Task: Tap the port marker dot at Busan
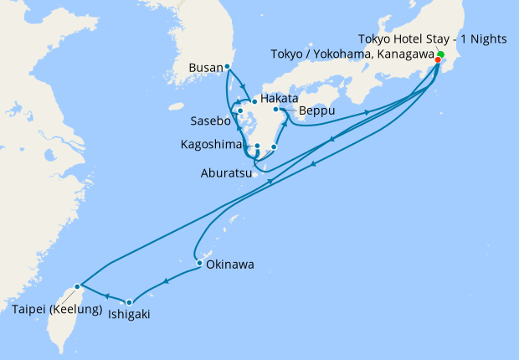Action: (228, 66)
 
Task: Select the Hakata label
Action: (279, 99)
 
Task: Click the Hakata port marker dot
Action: (254, 101)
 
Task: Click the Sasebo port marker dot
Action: (239, 111)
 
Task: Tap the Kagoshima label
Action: (213, 145)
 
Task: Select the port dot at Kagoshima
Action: (257, 147)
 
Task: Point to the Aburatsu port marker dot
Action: (274, 147)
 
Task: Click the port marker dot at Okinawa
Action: (199, 264)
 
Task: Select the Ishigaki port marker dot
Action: (129, 302)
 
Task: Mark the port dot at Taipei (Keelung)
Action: (77, 287)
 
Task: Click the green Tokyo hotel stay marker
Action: (440, 55)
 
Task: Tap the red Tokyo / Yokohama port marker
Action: (438, 60)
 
